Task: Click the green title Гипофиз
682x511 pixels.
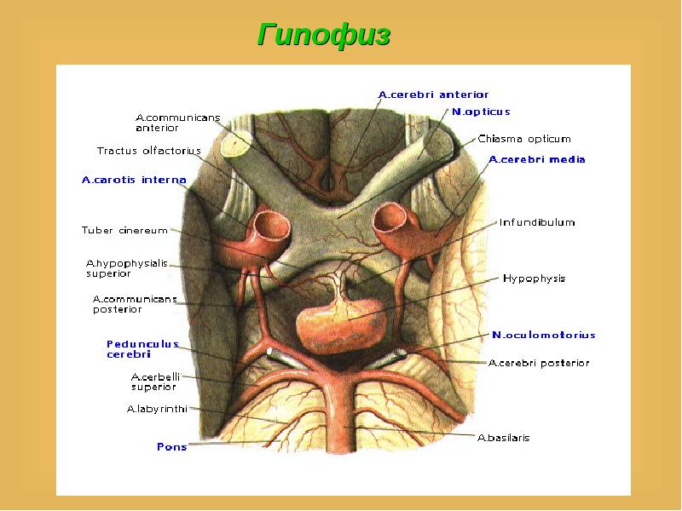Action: [324, 34]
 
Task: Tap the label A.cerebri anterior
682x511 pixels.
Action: [433, 95]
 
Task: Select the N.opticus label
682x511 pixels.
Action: [481, 112]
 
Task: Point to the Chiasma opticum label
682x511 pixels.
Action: [524, 139]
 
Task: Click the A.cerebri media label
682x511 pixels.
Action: [537, 159]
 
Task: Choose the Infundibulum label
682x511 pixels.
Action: [537, 222]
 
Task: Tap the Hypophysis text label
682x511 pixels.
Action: [535, 278]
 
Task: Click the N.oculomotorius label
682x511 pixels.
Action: [543, 335]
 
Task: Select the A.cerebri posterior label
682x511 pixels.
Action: [539, 364]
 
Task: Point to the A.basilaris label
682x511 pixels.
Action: [503, 438]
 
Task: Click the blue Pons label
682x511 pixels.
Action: [172, 446]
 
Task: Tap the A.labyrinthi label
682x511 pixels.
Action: [157, 410]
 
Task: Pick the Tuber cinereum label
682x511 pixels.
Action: [124, 230]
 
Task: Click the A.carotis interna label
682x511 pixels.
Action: [134, 180]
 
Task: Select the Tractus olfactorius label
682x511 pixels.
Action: [148, 151]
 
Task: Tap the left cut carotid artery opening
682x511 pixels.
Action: [272, 225]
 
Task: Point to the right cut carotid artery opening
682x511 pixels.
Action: [390, 218]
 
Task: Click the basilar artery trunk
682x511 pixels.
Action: [344, 413]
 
